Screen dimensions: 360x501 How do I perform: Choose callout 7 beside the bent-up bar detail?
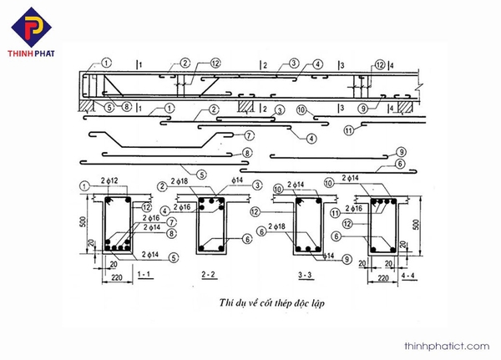pos(249,134)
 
